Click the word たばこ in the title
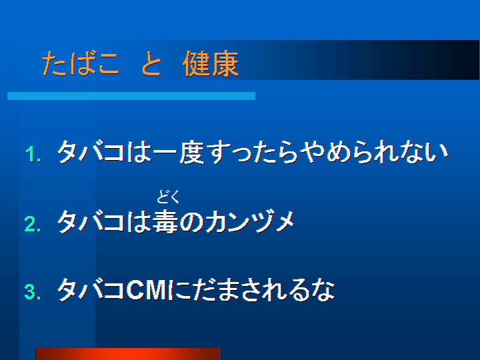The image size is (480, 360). (80, 63)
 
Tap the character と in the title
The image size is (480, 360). (151, 63)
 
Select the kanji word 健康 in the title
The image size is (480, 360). (211, 63)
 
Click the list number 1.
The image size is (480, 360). (33, 154)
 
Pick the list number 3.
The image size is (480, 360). (33, 292)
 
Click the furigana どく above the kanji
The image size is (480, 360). (169, 197)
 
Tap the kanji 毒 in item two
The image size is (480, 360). (165, 221)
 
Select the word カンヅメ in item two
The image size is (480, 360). (250, 221)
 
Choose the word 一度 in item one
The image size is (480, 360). (179, 152)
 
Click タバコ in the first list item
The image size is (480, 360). (91, 152)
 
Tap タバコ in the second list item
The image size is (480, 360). (91, 221)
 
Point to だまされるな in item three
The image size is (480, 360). (255, 289)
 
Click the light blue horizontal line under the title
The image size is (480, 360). (131, 96)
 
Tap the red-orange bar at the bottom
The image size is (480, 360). (127, 354)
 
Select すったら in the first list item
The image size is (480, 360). (253, 152)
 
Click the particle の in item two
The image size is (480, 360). (191, 221)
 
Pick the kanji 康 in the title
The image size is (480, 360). (225, 63)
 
